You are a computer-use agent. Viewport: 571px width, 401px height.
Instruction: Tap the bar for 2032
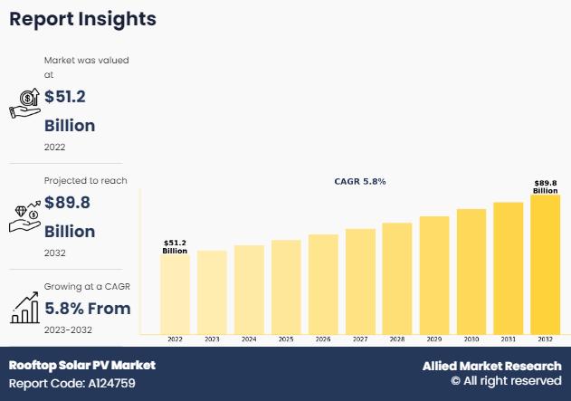546,264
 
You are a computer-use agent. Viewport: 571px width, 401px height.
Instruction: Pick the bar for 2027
360,281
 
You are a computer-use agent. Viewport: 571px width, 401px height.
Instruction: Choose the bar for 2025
286,286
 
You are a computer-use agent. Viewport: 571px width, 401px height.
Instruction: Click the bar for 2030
471,271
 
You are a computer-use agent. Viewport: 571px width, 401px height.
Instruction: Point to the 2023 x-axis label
213,339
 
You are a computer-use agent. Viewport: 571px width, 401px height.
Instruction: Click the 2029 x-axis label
434,339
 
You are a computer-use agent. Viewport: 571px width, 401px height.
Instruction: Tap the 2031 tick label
509,339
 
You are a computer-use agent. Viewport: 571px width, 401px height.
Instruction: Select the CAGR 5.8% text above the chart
360,182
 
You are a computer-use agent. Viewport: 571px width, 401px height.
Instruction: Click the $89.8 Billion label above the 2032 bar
546,186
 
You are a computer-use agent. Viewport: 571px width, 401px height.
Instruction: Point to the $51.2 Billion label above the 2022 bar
176,246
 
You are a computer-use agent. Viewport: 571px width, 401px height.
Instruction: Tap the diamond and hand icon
25,215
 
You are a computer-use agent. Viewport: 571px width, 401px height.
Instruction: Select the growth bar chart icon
24,309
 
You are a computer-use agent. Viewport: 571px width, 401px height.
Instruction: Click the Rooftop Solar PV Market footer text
82,365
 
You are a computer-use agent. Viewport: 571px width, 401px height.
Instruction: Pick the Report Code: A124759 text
73,383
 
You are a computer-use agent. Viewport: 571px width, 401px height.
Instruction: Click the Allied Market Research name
491,366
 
